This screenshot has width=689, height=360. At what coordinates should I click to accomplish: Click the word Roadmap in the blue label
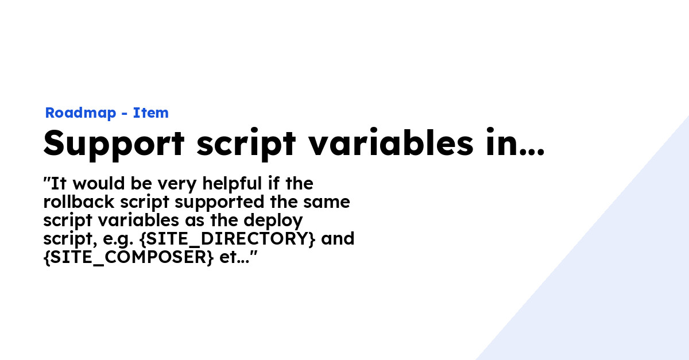tap(81, 113)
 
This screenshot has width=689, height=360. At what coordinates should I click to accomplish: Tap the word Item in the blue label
tap(151, 113)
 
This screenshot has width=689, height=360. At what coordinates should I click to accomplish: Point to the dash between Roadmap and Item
tap(125, 114)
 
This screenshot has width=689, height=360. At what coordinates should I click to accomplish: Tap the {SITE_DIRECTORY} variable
tap(227, 239)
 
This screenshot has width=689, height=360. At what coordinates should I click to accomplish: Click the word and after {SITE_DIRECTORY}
tap(338, 239)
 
